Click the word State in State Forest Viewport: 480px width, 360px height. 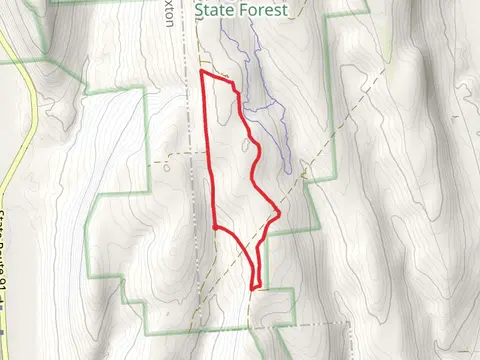pyautogui.click(x=217, y=10)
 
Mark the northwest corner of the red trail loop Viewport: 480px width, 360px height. pyautogui.click(x=203, y=73)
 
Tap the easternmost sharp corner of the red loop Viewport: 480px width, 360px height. pyautogui.click(x=279, y=213)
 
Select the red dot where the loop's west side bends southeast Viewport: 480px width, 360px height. pyautogui.click(x=215, y=227)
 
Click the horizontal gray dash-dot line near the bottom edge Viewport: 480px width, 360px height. pyautogui.click(x=300, y=326)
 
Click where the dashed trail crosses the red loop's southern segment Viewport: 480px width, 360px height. pyautogui.click(x=257, y=250)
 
